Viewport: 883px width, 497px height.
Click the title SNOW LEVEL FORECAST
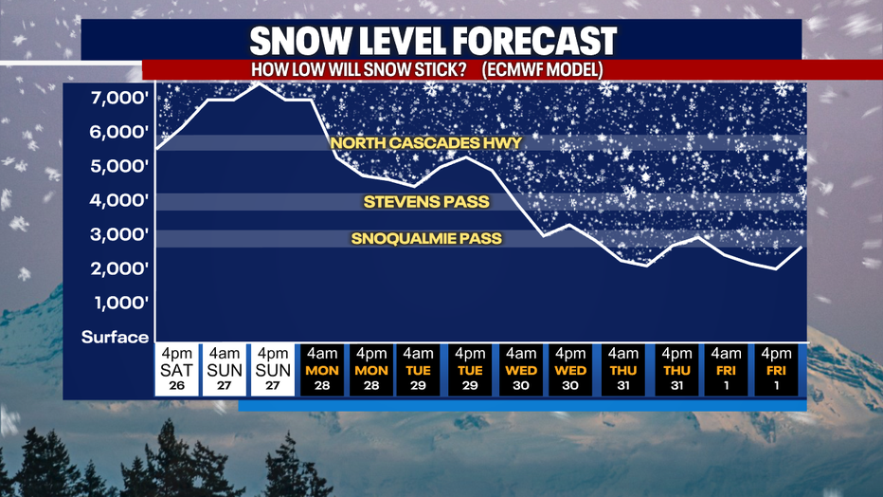433,41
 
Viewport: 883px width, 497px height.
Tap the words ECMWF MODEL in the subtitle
542,70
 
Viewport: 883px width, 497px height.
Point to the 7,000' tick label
119,98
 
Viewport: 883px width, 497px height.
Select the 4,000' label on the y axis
119,200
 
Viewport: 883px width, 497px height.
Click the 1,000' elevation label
121,304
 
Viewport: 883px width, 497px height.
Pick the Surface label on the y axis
115,337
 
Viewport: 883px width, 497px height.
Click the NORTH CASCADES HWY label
426,143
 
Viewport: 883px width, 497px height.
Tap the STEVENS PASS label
426,202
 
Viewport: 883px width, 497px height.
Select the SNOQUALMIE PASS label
426,238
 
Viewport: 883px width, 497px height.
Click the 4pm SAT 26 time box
177,370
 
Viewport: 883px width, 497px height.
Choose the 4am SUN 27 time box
225,370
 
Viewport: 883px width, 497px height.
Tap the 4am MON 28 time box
322,370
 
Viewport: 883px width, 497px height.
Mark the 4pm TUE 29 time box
470,370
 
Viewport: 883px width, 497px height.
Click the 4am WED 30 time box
521,370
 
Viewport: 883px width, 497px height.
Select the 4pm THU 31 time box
676,370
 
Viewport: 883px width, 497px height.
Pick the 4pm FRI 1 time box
776,370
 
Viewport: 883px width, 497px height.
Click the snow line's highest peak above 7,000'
259,83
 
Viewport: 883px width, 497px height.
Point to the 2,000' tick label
119,268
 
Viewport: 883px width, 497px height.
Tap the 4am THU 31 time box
623,370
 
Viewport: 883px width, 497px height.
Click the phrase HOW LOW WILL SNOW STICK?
359,70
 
